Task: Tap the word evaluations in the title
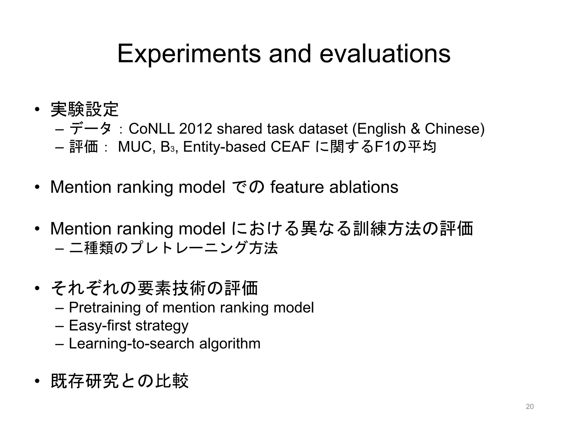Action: point(385,54)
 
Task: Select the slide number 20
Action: point(529,407)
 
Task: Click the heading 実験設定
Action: point(85,109)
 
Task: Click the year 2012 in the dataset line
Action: point(196,129)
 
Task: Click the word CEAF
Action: point(290,147)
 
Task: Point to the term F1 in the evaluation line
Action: point(382,147)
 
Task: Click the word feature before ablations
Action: point(297,187)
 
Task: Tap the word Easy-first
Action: point(100,325)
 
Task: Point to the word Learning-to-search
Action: point(131,344)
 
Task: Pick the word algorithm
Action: point(230,344)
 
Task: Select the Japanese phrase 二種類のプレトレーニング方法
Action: point(173,248)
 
